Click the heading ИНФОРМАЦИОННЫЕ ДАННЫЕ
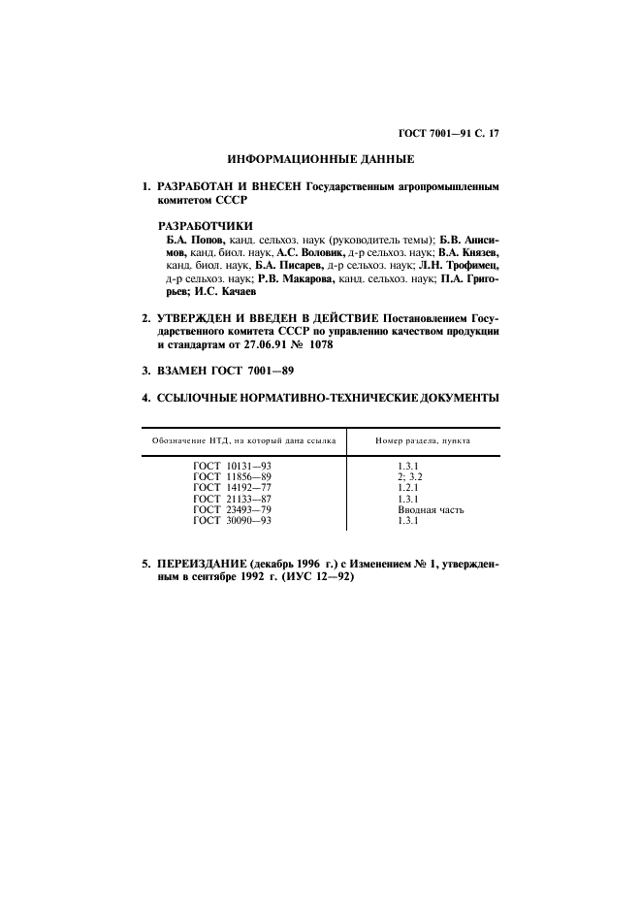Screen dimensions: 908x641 320,158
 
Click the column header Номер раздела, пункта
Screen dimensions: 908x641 423,439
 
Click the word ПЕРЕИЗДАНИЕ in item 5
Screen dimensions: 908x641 203,563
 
